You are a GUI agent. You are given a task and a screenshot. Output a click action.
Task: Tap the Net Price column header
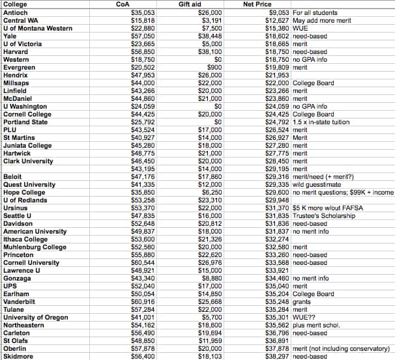[257, 4]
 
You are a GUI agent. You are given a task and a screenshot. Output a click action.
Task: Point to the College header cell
[15, 4]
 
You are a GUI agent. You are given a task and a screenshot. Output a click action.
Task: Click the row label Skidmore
[18, 356]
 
